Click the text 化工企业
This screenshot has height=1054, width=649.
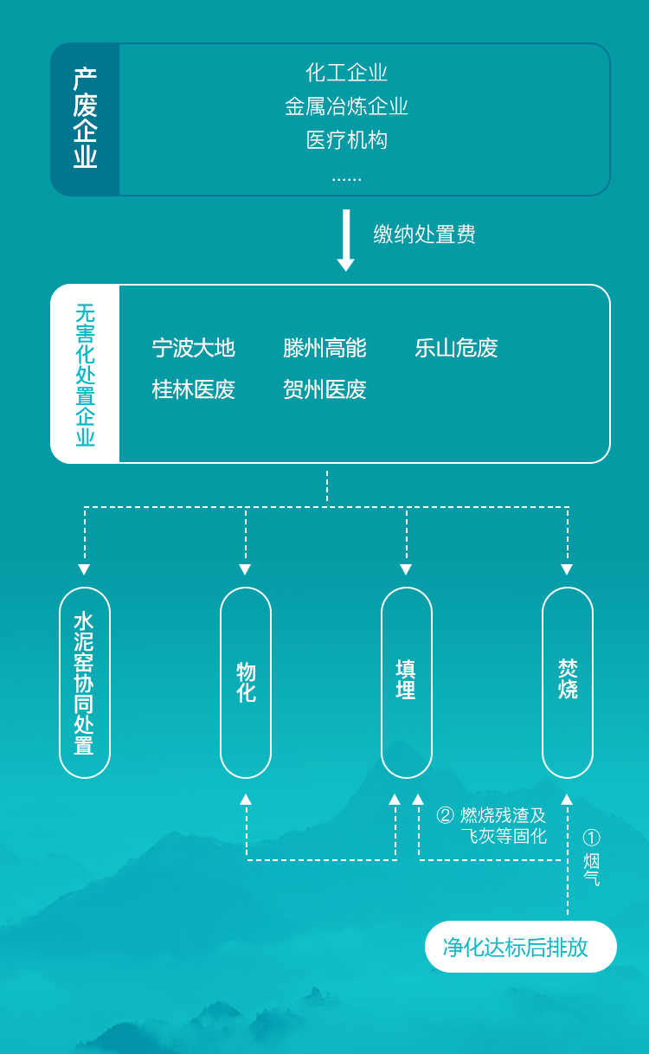coord(346,73)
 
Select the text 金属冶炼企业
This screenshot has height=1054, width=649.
coord(346,106)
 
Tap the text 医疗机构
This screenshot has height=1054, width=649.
coord(346,140)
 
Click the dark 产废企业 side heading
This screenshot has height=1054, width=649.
coord(85,119)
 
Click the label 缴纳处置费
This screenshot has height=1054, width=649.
coord(424,235)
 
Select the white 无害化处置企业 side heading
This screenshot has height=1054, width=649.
coord(85,374)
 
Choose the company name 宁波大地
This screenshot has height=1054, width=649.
coord(194,348)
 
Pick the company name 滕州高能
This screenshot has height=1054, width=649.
coord(324,348)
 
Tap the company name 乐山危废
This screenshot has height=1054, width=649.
coord(456,348)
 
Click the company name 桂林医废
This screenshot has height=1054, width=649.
coord(194,389)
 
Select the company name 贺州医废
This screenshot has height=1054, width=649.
coord(324,389)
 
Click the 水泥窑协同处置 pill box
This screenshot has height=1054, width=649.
coord(85,683)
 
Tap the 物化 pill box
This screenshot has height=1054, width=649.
coord(246,683)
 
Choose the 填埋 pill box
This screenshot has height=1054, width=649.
coord(407,683)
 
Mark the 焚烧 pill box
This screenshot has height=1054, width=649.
coord(568,683)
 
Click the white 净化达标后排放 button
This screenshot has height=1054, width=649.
coord(520,947)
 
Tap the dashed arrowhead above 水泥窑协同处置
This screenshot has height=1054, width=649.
coord(84,569)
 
